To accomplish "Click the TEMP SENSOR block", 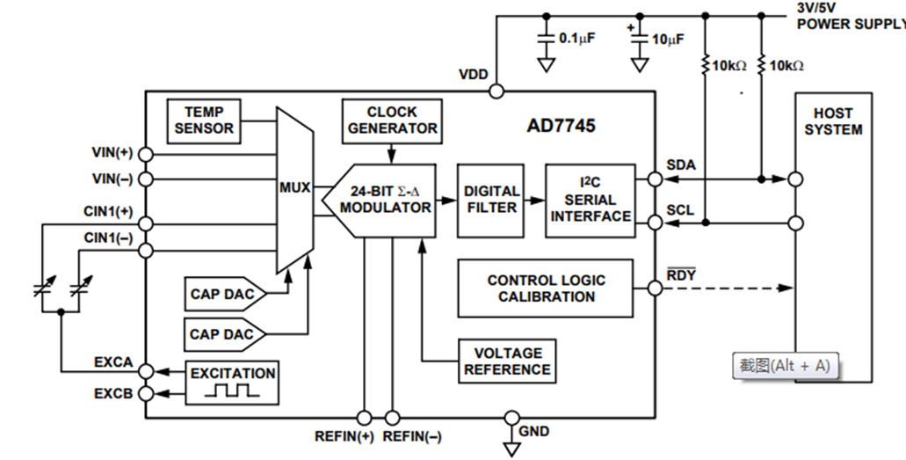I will click(x=204, y=120).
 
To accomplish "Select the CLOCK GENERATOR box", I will click(x=392, y=120).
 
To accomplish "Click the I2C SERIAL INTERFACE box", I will click(x=591, y=200).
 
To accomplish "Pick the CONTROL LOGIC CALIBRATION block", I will click(x=546, y=288).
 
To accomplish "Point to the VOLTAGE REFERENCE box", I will click(x=507, y=361).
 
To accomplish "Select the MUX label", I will click(x=294, y=187).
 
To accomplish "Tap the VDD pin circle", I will click(x=496, y=91).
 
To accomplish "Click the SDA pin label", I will click(x=680, y=164).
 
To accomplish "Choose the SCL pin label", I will click(x=679, y=211).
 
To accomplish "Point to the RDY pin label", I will click(x=680, y=274).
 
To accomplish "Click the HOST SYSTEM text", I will click(x=832, y=121).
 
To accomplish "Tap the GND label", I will click(x=534, y=431).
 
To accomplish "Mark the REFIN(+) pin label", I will click(x=343, y=436).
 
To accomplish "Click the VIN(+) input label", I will click(x=112, y=152).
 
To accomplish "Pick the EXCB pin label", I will click(x=113, y=393).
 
